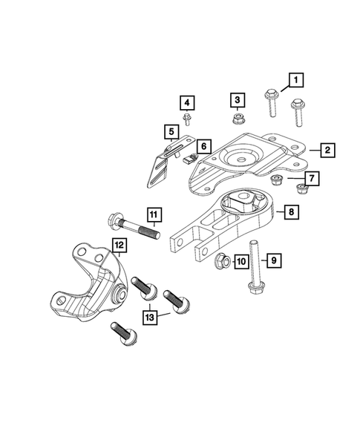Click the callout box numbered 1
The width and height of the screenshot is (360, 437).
point(295,79)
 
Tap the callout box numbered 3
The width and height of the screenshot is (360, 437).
point(237,100)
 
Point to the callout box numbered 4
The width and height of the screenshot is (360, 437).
point(186,103)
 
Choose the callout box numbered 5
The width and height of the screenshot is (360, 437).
point(171,133)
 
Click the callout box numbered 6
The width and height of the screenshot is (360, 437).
point(203,146)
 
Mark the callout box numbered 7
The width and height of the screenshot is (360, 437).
point(311,179)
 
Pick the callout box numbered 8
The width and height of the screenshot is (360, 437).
point(292,212)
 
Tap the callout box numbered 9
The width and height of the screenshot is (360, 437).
point(273,260)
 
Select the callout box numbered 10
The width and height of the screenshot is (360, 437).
point(240,260)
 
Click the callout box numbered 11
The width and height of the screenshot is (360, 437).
point(153,216)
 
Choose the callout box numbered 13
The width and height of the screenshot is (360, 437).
point(151,318)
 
